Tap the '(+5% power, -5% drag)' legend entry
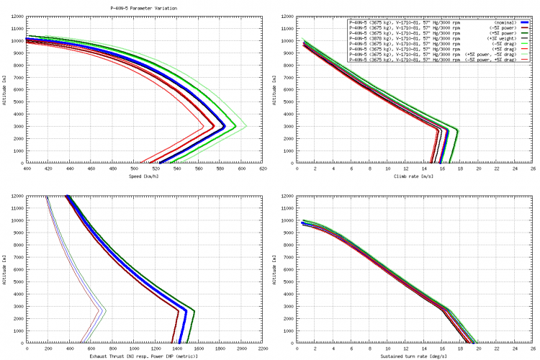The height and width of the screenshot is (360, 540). [x=490, y=54]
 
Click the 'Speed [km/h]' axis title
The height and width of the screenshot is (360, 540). [x=145, y=176]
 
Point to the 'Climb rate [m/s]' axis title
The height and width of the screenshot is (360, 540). [x=415, y=176]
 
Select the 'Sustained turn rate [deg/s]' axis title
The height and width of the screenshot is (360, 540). [x=415, y=356]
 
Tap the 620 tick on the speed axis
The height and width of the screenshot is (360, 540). [x=264, y=169]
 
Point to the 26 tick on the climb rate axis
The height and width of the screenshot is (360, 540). [x=534, y=169]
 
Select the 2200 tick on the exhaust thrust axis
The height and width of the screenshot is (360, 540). [x=264, y=349]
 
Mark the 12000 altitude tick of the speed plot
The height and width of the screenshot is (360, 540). [x=17, y=16]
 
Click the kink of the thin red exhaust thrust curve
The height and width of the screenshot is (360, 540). [x=100, y=310]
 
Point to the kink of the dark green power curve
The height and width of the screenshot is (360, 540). [x=194, y=310]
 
